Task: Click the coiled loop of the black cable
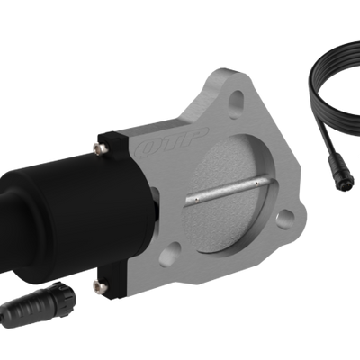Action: click(x=338, y=90)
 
